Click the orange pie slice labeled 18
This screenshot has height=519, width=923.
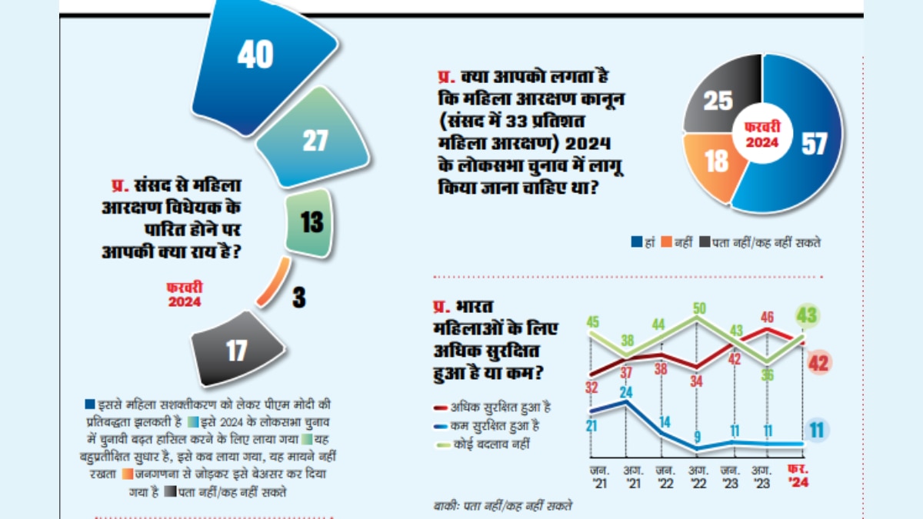(715, 162)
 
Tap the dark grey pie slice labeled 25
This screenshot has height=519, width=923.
(719, 95)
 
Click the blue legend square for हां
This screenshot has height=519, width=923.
(636, 242)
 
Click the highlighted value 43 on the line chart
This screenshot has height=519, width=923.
(807, 316)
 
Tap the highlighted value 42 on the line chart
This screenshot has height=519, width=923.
(818, 363)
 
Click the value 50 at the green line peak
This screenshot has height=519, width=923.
(699, 309)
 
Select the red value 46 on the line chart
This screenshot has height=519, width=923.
(767, 316)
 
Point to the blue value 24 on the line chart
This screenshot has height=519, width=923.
(625, 392)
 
